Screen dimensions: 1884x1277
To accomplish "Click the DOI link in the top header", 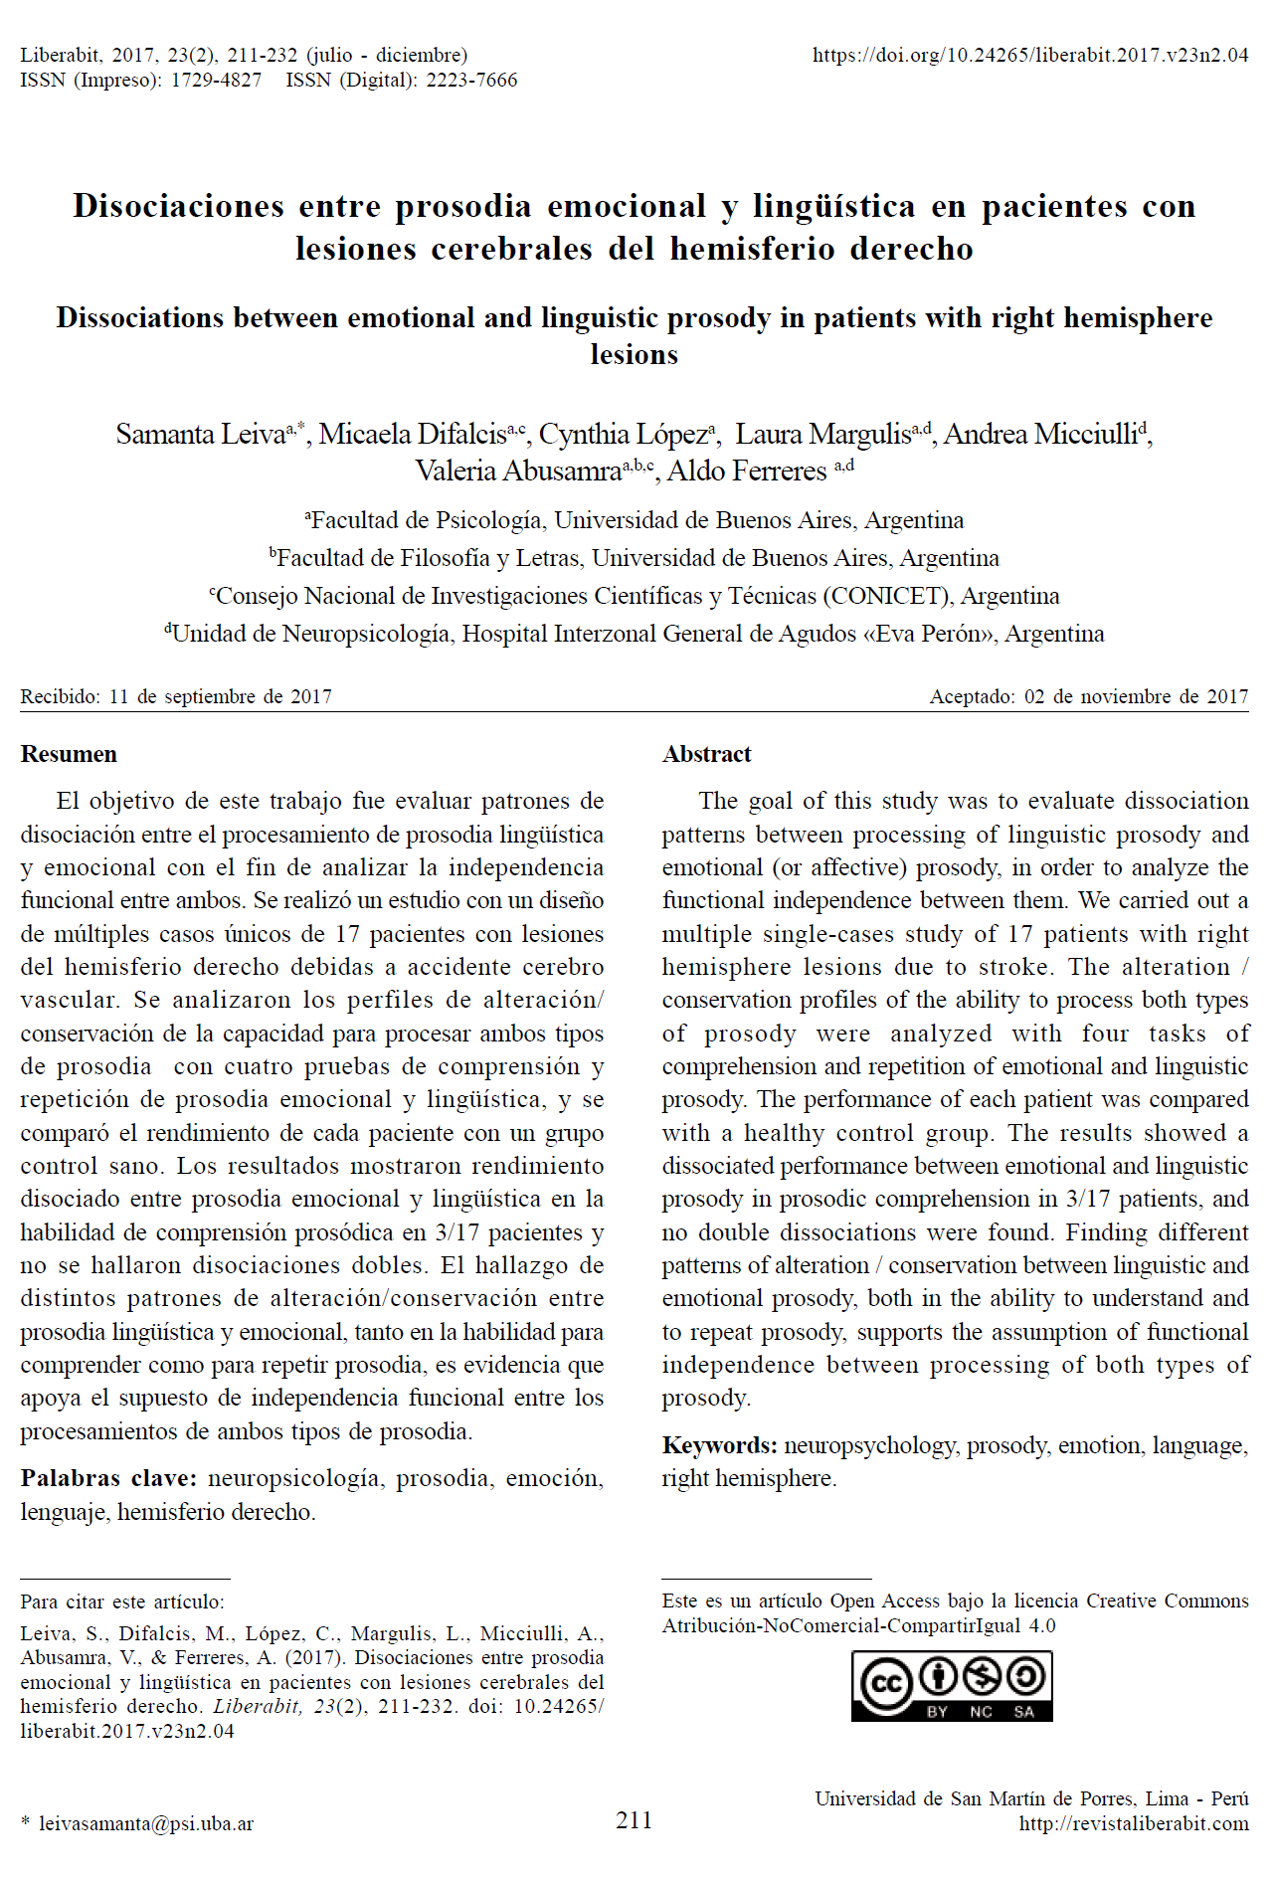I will click(x=1029, y=56).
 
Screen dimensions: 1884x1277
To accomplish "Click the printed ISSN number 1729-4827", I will click(x=216, y=81).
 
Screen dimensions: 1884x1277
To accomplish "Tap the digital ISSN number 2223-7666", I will click(x=471, y=81).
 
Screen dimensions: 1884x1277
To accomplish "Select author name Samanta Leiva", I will click(x=200, y=435).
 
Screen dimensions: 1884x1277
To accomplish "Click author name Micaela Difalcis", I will click(x=412, y=435).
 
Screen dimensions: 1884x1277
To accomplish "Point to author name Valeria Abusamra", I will click(x=518, y=471).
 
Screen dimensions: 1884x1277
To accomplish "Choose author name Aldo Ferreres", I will click(x=747, y=471).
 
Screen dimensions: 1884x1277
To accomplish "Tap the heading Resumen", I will click(x=69, y=754).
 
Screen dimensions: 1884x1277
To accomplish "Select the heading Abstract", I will click(x=706, y=754).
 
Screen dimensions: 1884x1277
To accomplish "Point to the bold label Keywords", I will click(x=719, y=1445).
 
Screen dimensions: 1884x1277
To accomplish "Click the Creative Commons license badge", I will click(x=951, y=1685).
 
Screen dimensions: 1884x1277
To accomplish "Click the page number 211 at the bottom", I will click(x=634, y=1820).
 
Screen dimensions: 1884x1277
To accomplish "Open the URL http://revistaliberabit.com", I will click(x=1133, y=1823).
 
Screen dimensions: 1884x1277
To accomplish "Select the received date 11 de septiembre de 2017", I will click(x=220, y=696).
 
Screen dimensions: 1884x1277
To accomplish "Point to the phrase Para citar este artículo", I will click(x=121, y=1601).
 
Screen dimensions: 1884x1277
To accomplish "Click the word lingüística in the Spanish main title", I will click(x=833, y=206).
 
